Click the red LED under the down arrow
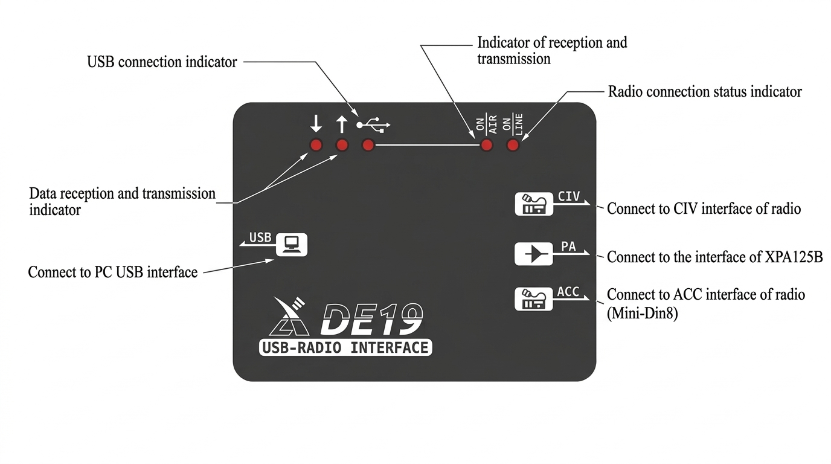coord(316,145)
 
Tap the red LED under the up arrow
coord(342,145)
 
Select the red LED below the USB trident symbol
coord(368,145)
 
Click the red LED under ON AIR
coord(486,145)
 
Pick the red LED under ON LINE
coord(513,145)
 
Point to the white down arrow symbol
coord(316,124)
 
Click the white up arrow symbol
coord(342,124)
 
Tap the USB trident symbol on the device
coord(374,125)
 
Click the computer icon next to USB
coord(292,244)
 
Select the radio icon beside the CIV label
coord(533,204)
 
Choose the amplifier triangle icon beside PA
coord(533,254)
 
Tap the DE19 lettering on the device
coord(372,318)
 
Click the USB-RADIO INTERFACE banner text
coord(345,347)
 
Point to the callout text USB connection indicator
coord(162,62)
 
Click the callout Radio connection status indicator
coord(705,92)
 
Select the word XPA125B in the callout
coord(793,257)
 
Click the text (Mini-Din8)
coord(642,313)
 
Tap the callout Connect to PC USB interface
coord(113,272)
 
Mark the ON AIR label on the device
coord(486,124)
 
